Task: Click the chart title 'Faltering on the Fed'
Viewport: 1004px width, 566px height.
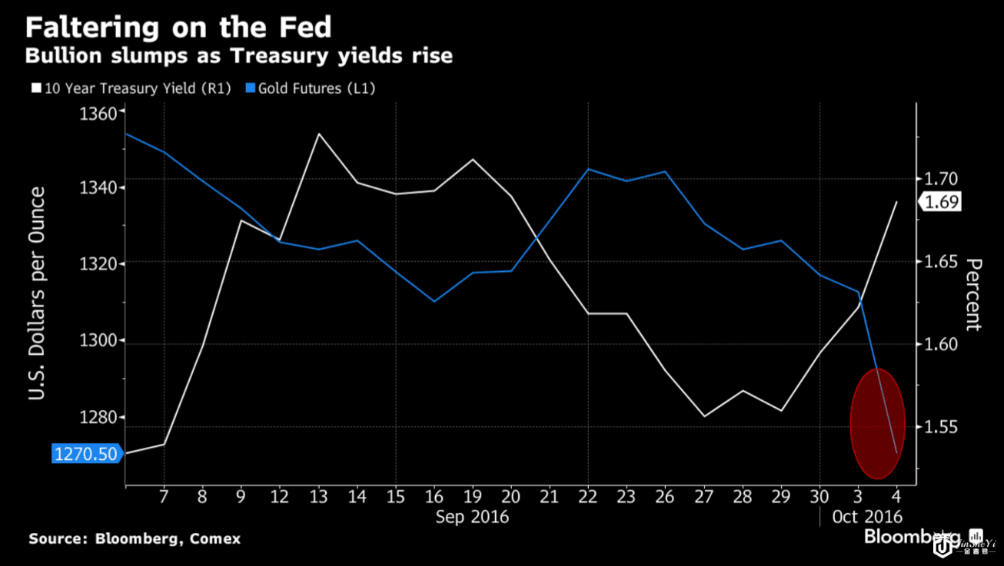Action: [x=178, y=28]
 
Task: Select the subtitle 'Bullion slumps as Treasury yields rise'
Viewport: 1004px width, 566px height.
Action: [x=238, y=56]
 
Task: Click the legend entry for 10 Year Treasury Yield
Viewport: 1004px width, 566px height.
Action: [x=131, y=88]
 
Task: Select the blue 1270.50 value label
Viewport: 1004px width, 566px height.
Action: [x=85, y=454]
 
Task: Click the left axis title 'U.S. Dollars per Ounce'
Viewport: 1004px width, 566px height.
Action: [x=36, y=294]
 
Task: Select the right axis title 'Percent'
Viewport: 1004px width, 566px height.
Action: [x=973, y=294]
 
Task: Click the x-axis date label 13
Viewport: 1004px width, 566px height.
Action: [x=318, y=496]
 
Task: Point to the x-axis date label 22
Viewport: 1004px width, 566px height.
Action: [x=588, y=496]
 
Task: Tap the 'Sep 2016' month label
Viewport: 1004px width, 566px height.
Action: [x=472, y=517]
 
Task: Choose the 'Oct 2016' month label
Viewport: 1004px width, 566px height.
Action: [x=866, y=517]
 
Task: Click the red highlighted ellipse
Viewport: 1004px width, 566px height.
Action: [x=877, y=423]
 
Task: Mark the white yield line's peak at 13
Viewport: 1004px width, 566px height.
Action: [x=318, y=134]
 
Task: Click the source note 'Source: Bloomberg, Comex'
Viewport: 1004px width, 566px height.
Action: [x=135, y=539]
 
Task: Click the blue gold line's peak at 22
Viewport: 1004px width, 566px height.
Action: [x=588, y=169]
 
